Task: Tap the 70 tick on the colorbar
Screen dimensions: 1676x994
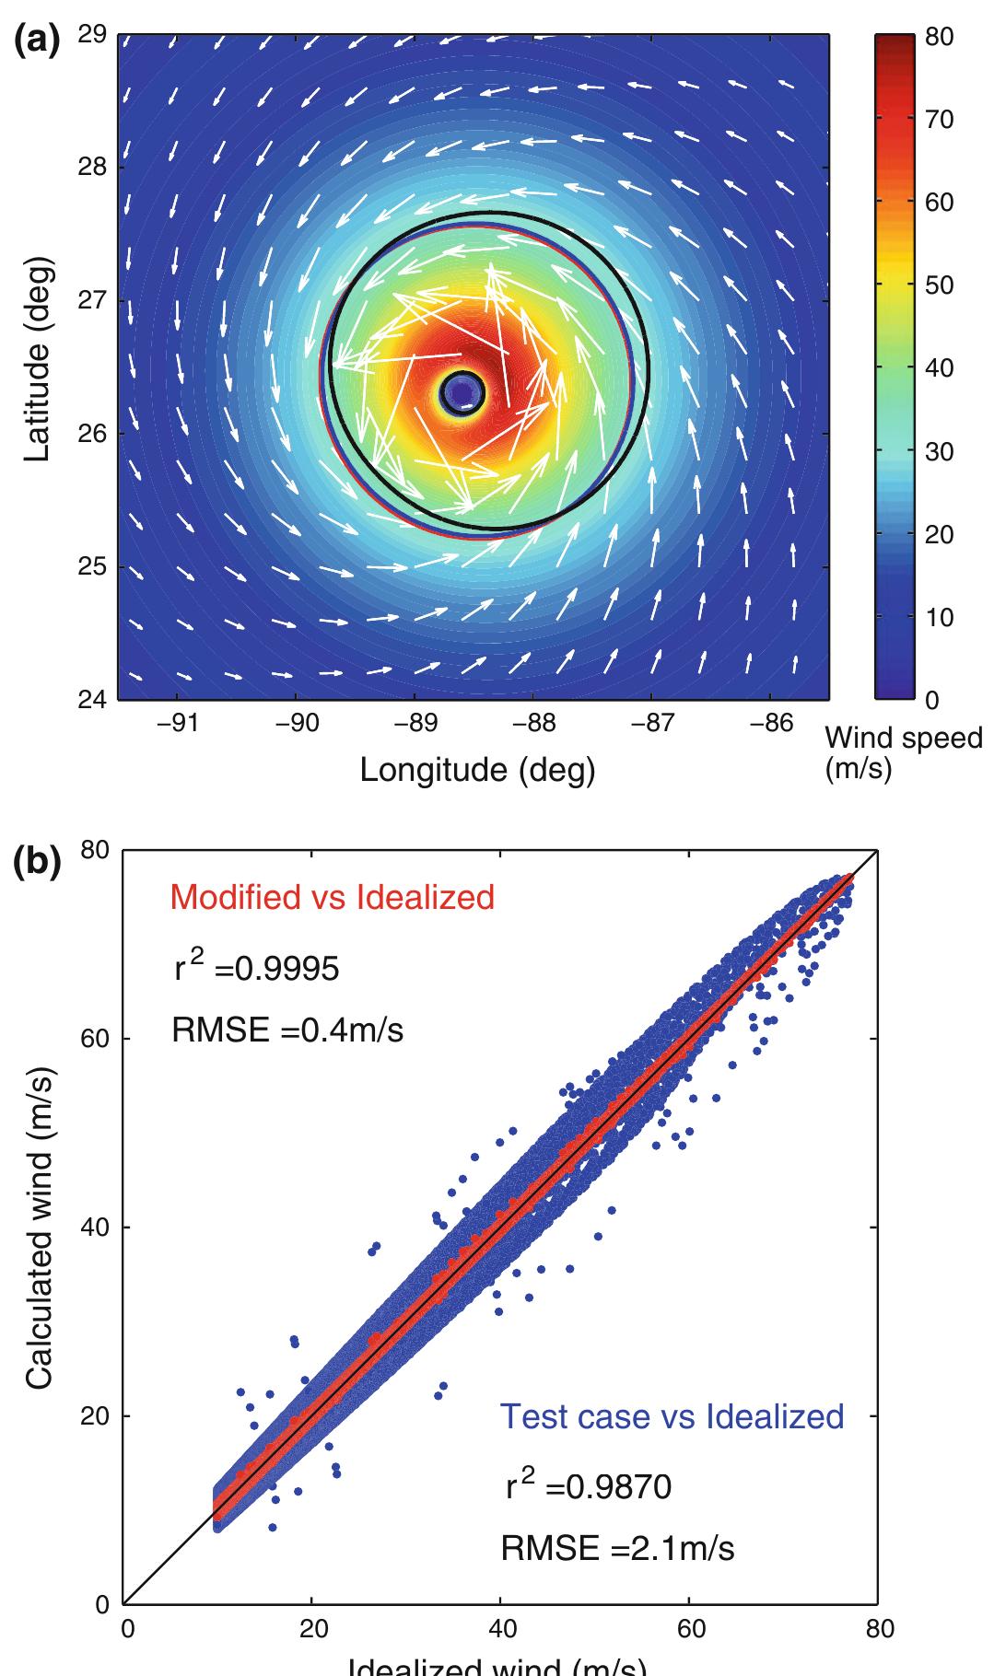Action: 941,120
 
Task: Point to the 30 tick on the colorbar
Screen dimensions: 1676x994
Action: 941,451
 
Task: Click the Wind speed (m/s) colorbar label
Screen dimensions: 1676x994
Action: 903,751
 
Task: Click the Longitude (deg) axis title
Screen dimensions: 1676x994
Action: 477,770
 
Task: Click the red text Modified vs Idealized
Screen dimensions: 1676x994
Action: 333,896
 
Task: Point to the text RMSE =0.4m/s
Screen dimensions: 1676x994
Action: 287,1030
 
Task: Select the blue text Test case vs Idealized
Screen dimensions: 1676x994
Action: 672,1415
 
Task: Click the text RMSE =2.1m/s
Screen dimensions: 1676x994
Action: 617,1549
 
